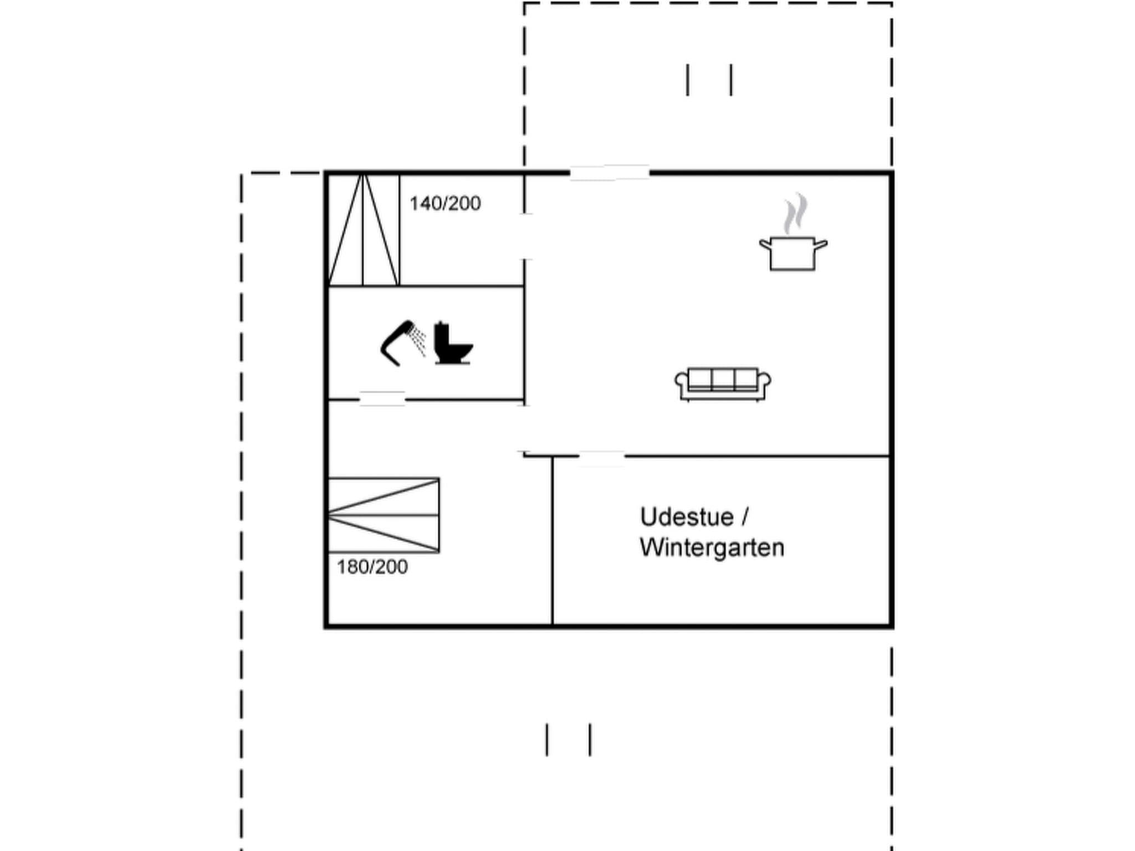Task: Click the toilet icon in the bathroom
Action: pyautogui.click(x=452, y=344)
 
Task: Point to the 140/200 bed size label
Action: pyautogui.click(x=445, y=204)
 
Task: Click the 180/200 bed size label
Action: pyautogui.click(x=372, y=567)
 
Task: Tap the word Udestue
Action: pyautogui.click(x=687, y=517)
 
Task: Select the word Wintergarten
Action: pyautogui.click(x=712, y=547)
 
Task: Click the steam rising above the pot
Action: pyautogui.click(x=795, y=213)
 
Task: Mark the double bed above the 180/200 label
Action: pyautogui.click(x=384, y=515)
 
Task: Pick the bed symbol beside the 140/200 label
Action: pyautogui.click(x=364, y=230)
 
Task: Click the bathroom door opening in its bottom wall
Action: pyautogui.click(x=382, y=399)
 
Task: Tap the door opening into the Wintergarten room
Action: pyautogui.click(x=602, y=457)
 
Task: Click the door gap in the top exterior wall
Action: pyautogui.click(x=610, y=173)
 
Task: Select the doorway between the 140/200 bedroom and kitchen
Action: pyautogui.click(x=525, y=236)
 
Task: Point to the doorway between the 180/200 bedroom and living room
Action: pyautogui.click(x=524, y=429)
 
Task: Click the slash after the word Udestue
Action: pyautogui.click(x=744, y=517)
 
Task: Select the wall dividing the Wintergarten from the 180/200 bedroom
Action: pyautogui.click(x=553, y=541)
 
